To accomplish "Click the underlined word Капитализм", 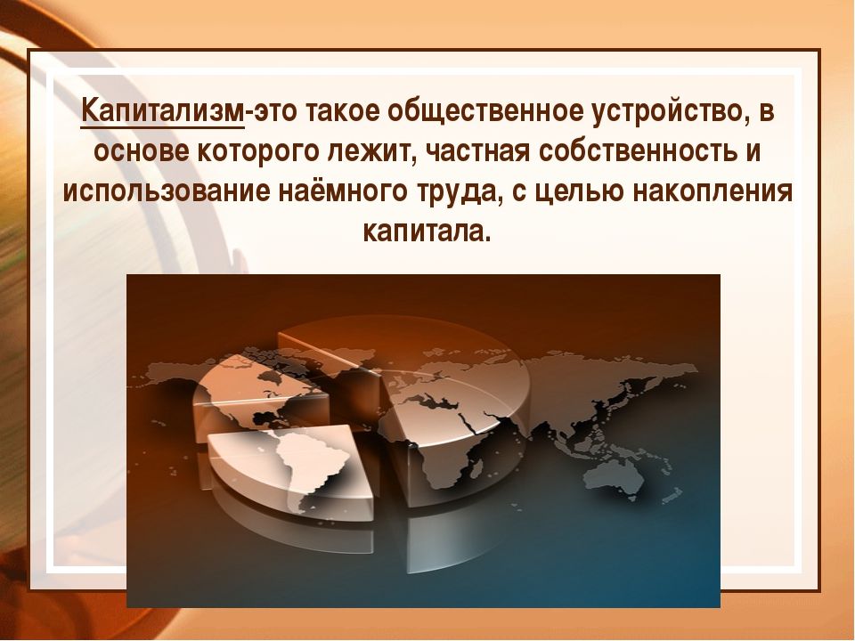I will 162,113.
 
